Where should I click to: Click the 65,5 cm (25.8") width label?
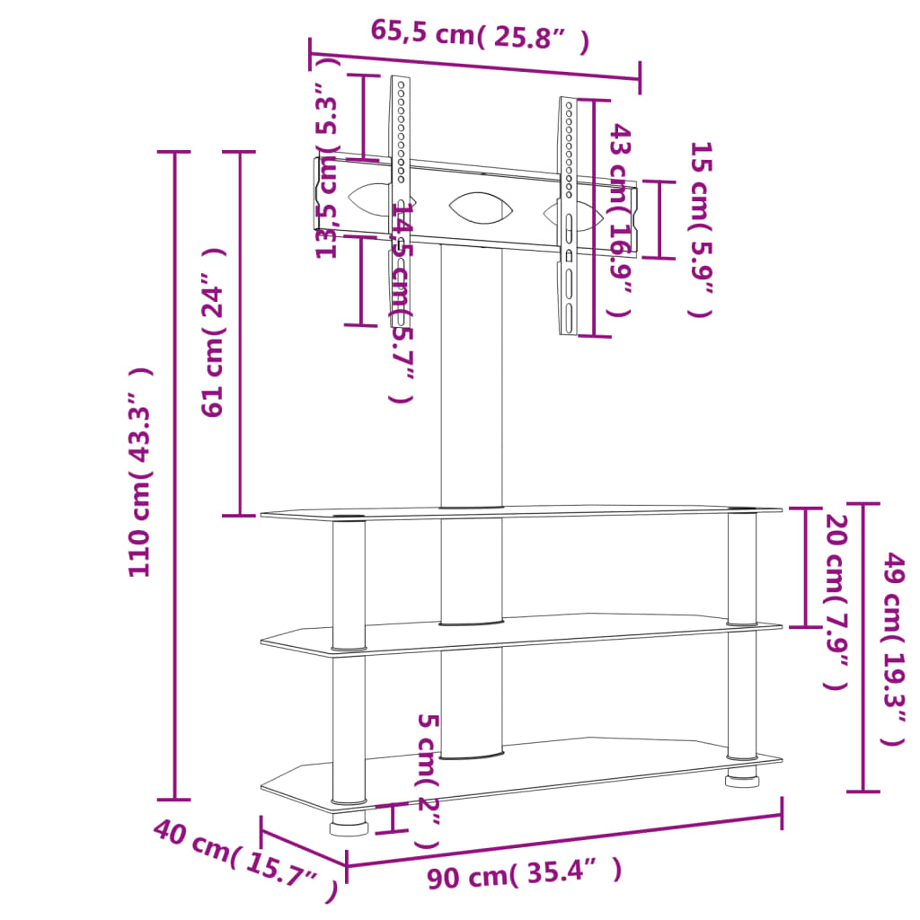coord(480,35)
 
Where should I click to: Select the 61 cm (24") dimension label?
coord(213,332)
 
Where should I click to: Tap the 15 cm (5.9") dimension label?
coord(700,229)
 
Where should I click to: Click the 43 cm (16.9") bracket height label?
coord(620,220)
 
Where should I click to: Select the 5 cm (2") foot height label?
coord(428,782)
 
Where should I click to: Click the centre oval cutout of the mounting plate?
coord(482,208)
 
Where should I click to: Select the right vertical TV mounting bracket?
coord(569,216)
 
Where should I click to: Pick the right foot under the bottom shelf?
coord(741,776)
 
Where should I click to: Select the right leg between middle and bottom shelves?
coord(741,692)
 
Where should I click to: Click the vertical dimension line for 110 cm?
coord(174,629)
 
